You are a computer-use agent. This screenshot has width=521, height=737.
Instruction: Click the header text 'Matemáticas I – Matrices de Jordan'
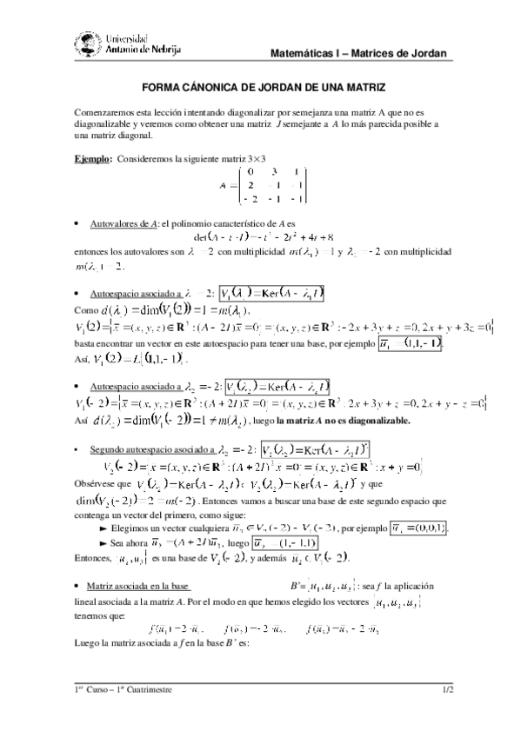pos(358,54)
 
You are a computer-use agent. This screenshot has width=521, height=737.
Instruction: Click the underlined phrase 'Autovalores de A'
pos(118,224)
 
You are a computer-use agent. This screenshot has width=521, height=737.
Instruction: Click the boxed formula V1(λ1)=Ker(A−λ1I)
pos(271,295)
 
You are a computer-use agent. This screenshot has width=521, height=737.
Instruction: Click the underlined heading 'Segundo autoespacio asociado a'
pos(152,449)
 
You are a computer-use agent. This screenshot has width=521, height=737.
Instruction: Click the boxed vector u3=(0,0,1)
pos(417,528)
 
